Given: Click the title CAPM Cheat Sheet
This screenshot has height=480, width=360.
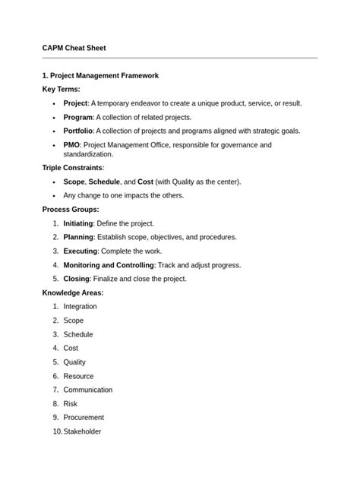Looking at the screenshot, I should [x=74, y=47].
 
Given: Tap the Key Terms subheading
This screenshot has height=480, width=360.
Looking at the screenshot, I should [x=60, y=90].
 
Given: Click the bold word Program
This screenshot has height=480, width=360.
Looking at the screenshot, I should [x=77, y=117].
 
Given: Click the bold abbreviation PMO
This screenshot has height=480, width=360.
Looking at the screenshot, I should [x=72, y=144].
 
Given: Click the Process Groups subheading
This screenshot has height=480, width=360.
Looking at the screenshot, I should [x=70, y=209].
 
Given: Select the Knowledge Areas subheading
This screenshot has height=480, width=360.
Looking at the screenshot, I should [x=72, y=292].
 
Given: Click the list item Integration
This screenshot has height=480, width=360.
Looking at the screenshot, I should [x=81, y=306].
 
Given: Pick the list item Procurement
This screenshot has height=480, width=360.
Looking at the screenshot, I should [x=84, y=417].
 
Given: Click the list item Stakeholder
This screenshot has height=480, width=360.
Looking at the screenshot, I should [x=83, y=431].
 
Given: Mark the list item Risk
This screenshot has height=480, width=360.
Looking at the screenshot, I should [x=71, y=403].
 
